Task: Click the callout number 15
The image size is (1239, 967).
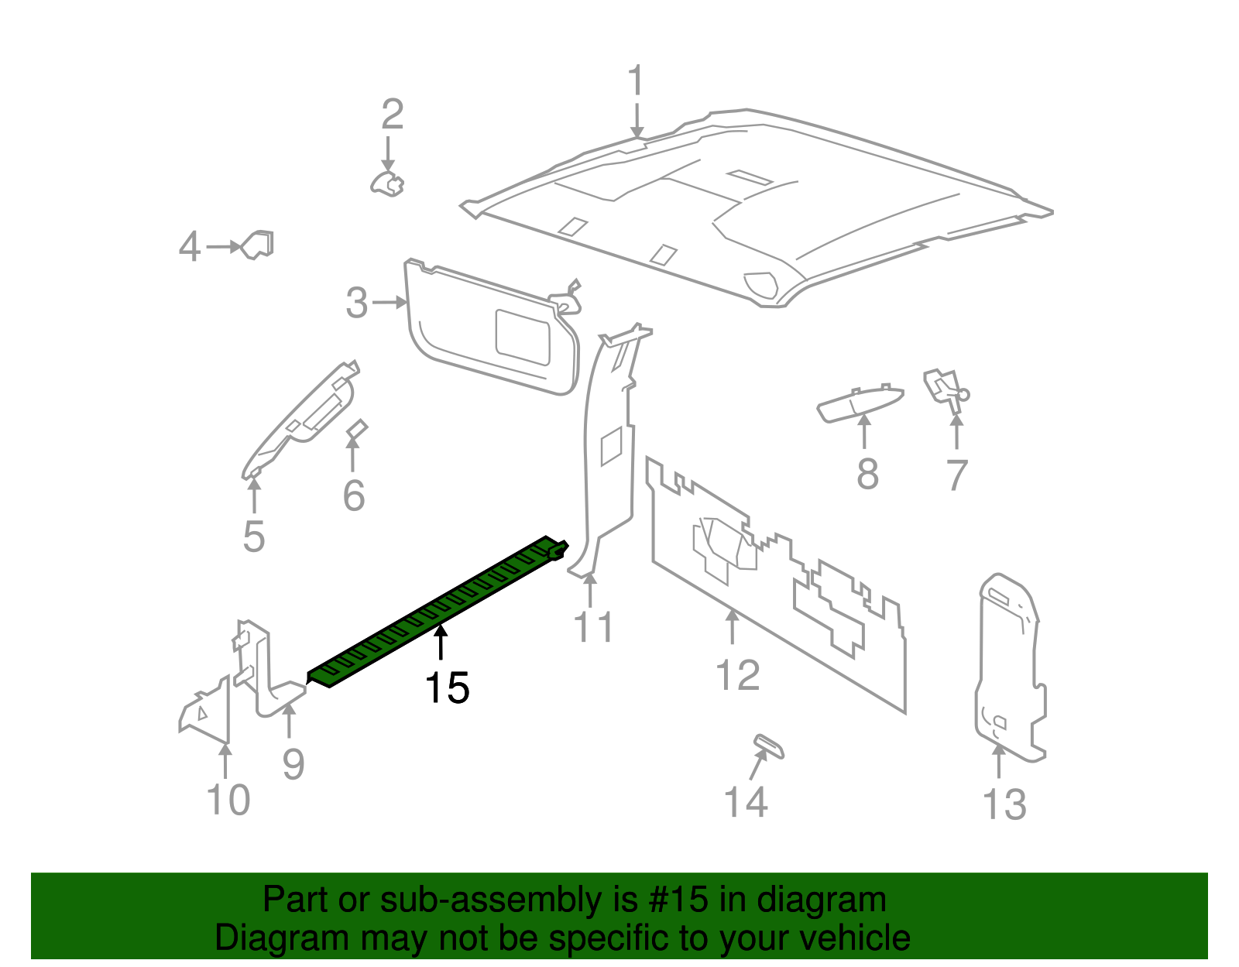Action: (447, 688)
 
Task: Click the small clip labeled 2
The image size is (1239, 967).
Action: (387, 184)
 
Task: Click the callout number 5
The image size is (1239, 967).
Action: (254, 537)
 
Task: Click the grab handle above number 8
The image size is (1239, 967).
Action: (860, 403)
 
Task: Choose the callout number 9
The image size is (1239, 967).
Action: (293, 764)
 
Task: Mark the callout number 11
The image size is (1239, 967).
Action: (593, 627)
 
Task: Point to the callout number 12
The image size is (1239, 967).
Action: (738, 675)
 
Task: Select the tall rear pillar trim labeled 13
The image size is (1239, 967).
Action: (1007, 666)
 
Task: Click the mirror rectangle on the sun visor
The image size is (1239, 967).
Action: (523, 337)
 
